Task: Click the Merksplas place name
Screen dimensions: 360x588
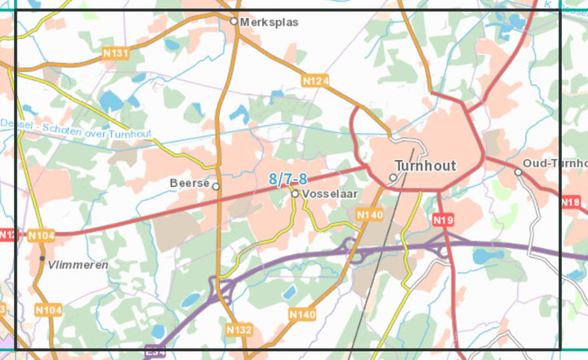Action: pyautogui.click(x=265, y=22)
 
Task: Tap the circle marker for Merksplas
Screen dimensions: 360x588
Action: pyautogui.click(x=234, y=22)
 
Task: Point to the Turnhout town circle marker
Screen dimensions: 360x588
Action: pyautogui.click(x=393, y=177)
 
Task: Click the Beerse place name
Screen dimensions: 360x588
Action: pyautogui.click(x=189, y=184)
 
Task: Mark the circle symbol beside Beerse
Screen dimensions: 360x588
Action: pyautogui.click(x=216, y=186)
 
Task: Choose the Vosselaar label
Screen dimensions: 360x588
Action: pyautogui.click(x=329, y=194)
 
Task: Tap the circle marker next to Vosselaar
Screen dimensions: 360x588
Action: pyautogui.click(x=295, y=194)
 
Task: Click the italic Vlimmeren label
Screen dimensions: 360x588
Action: pyautogui.click(x=78, y=265)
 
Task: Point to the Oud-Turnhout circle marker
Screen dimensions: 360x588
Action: pyautogui.click(x=518, y=171)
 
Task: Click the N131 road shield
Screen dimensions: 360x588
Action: pyautogui.click(x=117, y=54)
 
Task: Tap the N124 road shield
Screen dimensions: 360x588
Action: pyautogui.click(x=314, y=81)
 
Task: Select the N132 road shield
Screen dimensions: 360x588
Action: pyautogui.click(x=239, y=330)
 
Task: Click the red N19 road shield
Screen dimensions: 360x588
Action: pyautogui.click(x=443, y=220)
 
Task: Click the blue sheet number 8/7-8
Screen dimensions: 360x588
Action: pyautogui.click(x=287, y=180)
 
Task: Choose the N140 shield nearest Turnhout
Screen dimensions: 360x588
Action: pyautogui.click(x=369, y=215)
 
